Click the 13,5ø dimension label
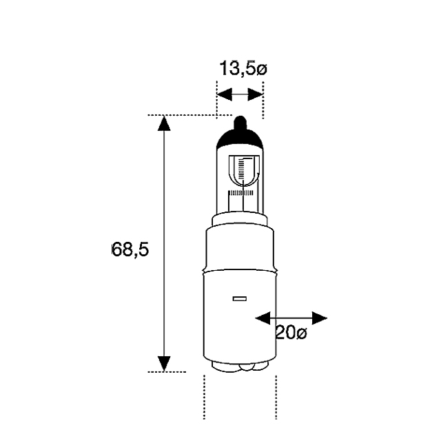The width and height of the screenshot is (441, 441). click(x=243, y=69)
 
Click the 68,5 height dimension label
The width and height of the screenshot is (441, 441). click(x=130, y=249)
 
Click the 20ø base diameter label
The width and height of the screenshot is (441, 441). click(x=291, y=333)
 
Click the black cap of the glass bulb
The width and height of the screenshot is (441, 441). click(x=240, y=139)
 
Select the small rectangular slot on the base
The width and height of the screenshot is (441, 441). click(x=240, y=298)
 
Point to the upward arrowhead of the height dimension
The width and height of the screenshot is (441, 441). click(x=164, y=123)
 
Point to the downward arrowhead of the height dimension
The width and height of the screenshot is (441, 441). click(x=164, y=364)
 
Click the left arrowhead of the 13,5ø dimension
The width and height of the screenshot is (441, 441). click(x=225, y=94)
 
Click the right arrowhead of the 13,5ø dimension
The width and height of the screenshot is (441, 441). click(x=255, y=94)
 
